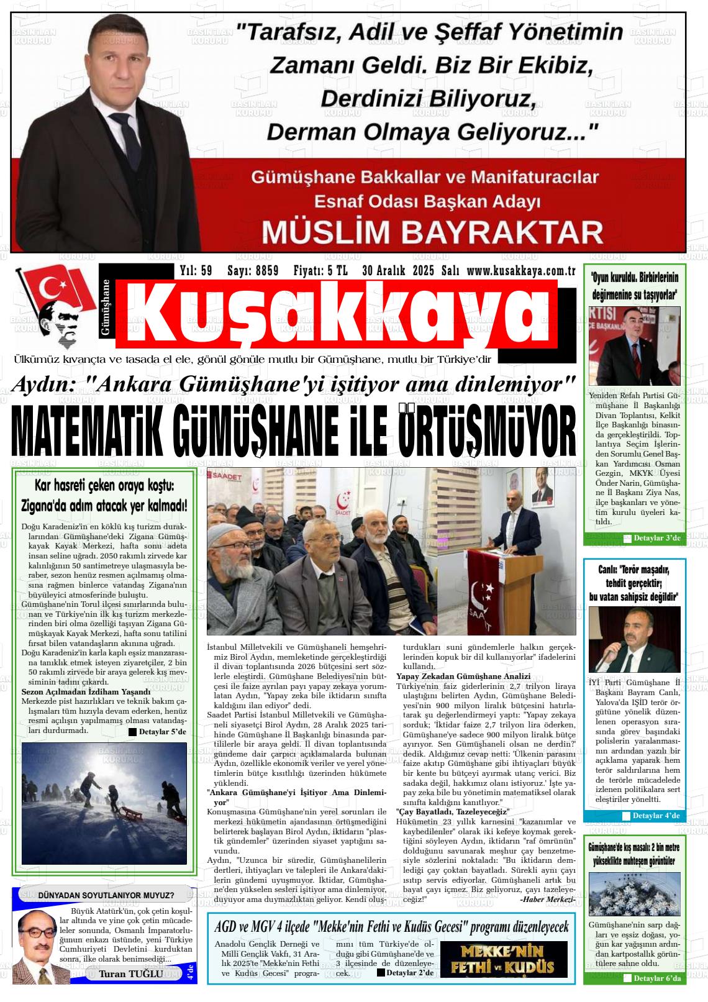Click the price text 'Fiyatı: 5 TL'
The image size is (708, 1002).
pos(320,271)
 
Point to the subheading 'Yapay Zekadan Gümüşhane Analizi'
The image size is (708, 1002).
pos(463,676)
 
